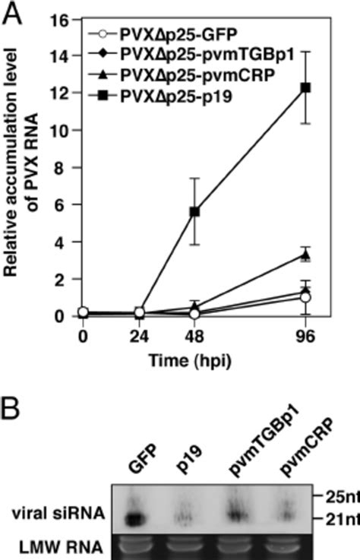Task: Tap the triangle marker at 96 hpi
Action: point(305,255)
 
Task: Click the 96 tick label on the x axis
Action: point(305,334)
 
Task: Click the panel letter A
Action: point(12,12)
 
